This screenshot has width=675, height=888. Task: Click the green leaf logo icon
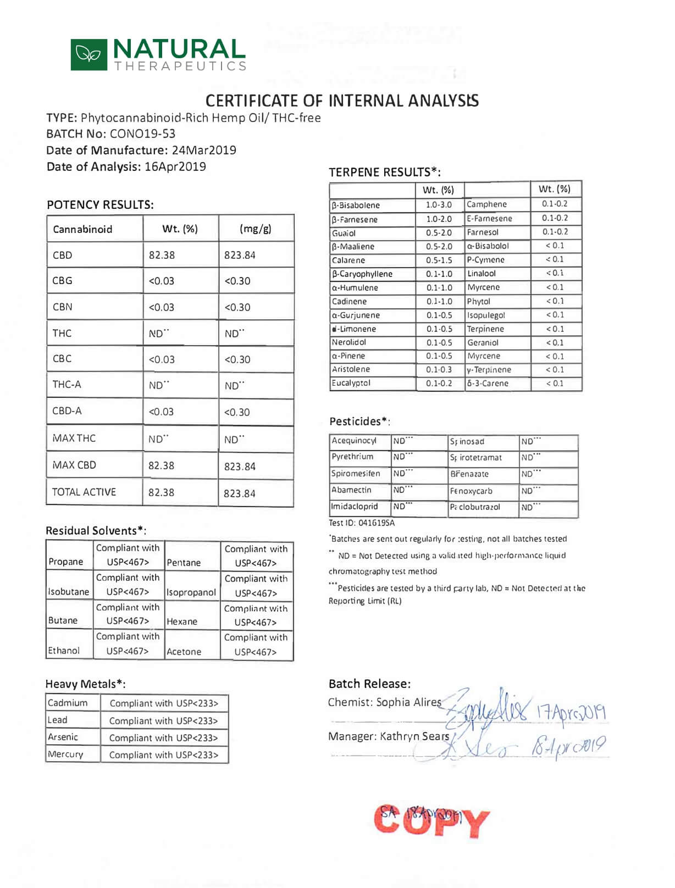point(88,54)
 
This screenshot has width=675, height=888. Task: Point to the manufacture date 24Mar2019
point(204,151)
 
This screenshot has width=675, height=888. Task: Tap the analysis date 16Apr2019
point(175,167)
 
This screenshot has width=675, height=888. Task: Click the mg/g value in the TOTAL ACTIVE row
point(240,493)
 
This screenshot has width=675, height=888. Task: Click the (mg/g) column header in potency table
point(256,229)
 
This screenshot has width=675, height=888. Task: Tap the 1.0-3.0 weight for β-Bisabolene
point(439,205)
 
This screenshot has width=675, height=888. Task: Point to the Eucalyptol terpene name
point(351,383)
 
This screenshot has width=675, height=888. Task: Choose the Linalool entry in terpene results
point(482,274)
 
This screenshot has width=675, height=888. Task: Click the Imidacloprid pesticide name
point(355,507)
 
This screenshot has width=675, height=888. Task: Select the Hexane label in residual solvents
point(182,621)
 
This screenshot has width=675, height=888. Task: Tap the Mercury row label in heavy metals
point(65,754)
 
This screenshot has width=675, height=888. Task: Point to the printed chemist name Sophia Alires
point(408,702)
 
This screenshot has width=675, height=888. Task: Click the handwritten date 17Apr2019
point(571,713)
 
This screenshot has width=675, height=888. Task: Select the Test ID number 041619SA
point(377,523)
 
